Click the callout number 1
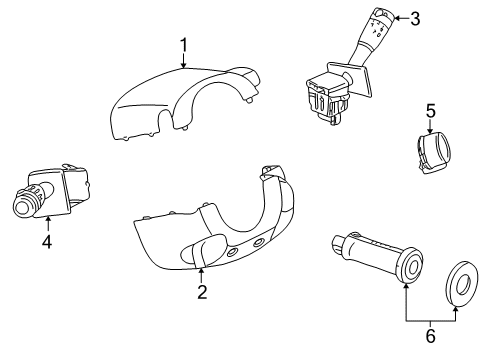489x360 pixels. point(183,44)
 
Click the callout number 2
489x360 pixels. point(201,292)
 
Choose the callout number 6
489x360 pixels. point(430,337)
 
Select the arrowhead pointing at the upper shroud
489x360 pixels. point(183,65)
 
